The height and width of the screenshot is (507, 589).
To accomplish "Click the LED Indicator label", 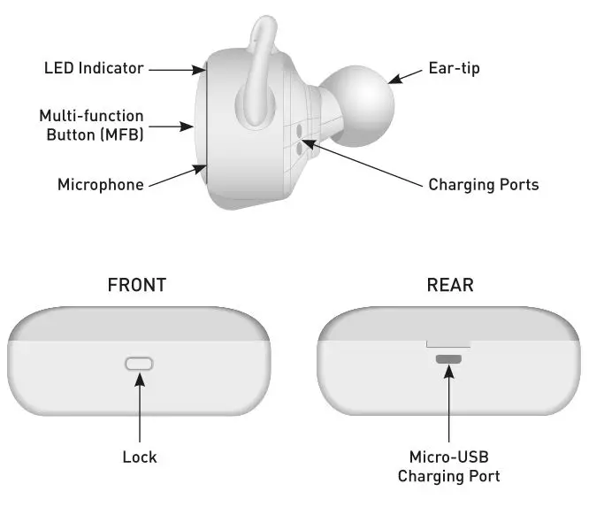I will [94, 68].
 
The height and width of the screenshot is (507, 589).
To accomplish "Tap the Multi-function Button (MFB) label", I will [91, 126].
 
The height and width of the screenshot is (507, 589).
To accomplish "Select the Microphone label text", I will [101, 184].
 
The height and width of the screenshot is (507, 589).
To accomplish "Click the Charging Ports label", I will [483, 185].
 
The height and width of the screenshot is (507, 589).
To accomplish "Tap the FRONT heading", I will [136, 285].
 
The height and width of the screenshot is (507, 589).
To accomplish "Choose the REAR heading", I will [449, 285].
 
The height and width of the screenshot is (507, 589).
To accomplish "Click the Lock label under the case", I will [139, 457].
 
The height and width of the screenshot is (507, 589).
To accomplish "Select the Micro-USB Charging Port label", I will [448, 466].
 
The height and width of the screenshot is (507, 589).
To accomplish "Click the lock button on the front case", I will [139, 363].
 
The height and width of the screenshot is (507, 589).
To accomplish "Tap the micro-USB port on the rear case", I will [448, 359].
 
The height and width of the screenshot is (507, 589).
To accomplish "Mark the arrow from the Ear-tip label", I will [405, 75].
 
